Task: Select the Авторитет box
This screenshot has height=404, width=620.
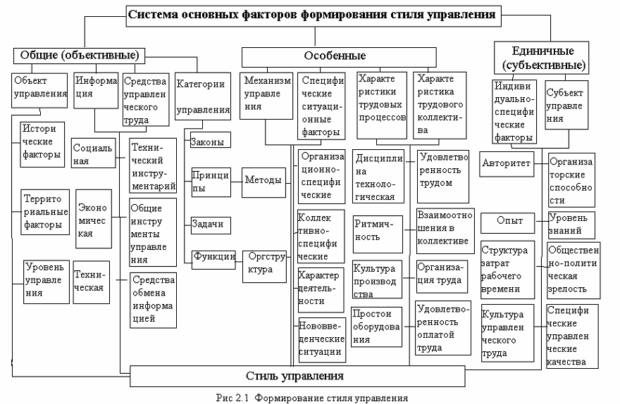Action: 504,163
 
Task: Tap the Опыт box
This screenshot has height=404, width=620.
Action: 511,221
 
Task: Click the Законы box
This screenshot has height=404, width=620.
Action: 207,141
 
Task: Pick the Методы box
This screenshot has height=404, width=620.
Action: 263,180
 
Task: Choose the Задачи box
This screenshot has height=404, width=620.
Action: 207,224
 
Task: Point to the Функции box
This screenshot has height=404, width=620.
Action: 213,257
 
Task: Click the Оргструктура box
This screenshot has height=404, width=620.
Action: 264,264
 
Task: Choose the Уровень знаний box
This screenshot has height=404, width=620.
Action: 571,224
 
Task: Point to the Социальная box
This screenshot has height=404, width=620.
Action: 93,154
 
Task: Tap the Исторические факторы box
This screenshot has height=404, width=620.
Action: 42,141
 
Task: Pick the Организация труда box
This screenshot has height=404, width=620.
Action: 441,275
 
